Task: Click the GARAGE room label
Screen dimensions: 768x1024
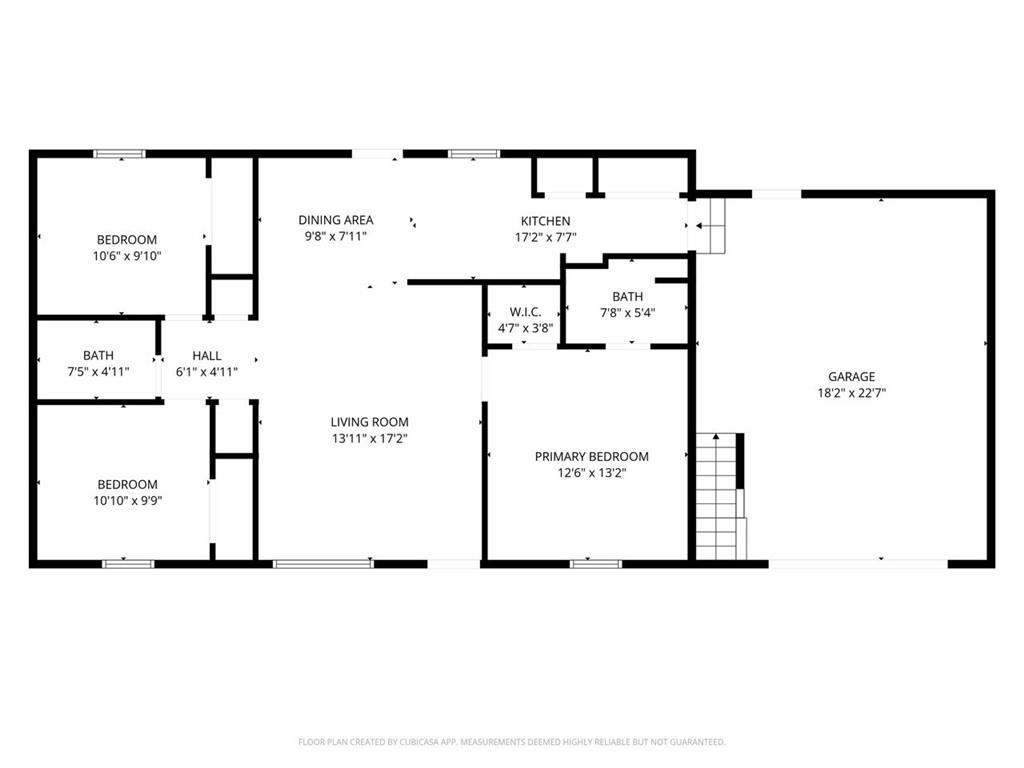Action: (x=851, y=377)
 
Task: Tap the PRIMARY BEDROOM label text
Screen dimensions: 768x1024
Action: (x=591, y=457)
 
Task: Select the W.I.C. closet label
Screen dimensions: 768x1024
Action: (x=525, y=312)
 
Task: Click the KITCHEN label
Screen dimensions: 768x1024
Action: (x=545, y=221)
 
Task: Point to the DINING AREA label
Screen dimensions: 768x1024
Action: (x=336, y=220)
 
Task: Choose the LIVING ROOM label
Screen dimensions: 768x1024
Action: (x=369, y=422)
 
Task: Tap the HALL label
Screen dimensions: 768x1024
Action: (x=207, y=355)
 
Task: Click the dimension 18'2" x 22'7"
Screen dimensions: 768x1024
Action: (x=851, y=393)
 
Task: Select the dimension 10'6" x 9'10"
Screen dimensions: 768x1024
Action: (x=127, y=256)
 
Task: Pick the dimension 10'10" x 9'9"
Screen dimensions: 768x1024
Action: (x=127, y=500)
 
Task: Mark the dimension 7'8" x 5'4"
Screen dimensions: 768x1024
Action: (x=627, y=312)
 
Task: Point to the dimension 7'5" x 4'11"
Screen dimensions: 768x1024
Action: (x=98, y=371)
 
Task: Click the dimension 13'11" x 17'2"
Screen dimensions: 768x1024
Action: (x=369, y=438)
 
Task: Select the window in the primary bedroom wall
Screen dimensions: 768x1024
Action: (x=595, y=564)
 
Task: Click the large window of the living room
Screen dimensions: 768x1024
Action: (x=323, y=564)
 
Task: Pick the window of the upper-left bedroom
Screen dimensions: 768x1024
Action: (x=120, y=154)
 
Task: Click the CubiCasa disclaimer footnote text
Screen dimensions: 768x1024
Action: (x=511, y=742)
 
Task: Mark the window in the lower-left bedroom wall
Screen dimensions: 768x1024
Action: (x=128, y=564)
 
